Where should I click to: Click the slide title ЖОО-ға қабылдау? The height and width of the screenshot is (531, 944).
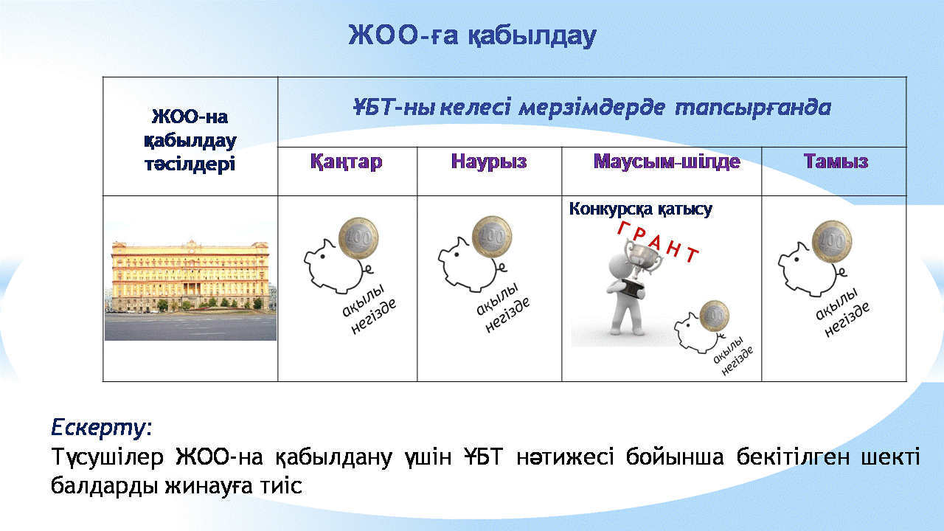473,36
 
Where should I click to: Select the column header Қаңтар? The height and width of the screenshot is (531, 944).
347,162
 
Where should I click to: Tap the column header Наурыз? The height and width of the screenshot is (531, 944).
489,162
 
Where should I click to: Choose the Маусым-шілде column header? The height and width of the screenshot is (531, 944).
667,162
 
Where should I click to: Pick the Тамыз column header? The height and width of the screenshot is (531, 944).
836,162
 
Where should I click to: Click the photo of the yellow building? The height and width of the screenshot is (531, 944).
190,291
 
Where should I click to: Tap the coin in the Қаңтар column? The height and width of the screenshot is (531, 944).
358,238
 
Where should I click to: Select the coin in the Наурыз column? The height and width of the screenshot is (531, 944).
492,237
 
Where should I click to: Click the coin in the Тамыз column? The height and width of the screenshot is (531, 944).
832,241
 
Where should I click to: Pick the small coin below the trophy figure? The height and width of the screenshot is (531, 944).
715,316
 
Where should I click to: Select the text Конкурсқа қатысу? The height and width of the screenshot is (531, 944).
641,209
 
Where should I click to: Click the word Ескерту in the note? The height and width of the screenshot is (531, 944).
99,427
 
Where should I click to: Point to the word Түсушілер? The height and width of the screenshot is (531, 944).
108,457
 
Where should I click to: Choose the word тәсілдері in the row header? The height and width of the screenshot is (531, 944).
190,164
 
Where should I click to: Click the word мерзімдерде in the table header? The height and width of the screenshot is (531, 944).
592,108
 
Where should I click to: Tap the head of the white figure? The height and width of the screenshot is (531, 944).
620,265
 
